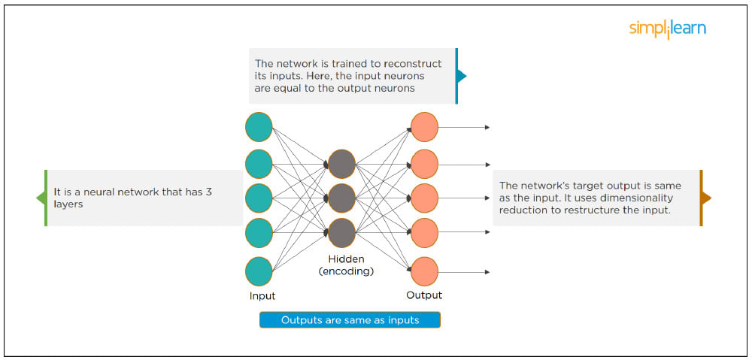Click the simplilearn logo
[668, 29]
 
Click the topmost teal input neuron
[259, 127]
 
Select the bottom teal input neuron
[259, 271]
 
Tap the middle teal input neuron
[259, 198]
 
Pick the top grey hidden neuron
[341, 163]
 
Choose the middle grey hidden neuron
[341, 198]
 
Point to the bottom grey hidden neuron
[341, 233]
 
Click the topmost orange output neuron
[424, 127]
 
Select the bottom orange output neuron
[424, 271]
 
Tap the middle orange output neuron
[424, 198]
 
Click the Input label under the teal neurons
[262, 296]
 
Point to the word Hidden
[346, 259]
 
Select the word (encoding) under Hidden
[346, 271]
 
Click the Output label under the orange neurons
[424, 295]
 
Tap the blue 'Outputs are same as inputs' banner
[350, 320]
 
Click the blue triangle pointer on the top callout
[462, 76]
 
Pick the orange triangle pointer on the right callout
[706, 198]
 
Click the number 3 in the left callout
[208, 192]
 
